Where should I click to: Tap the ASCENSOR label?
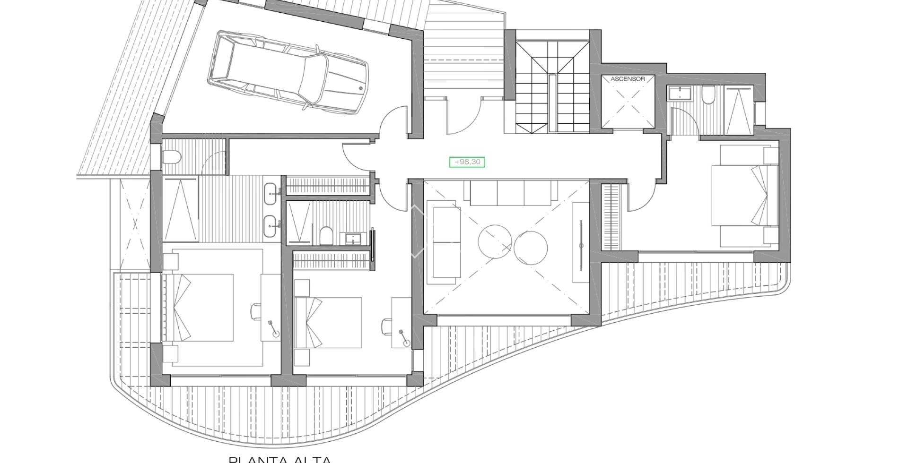pos(628,79)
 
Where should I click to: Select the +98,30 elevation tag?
pos(467,162)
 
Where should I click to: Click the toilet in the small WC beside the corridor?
pos(171,157)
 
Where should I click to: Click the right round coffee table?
pos(531,249)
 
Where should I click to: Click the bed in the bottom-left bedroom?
pos(199,308)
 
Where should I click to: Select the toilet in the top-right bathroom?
pos(708,96)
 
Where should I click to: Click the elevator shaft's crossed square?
pos(628,104)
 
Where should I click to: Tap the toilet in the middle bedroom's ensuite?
pos(325,236)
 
